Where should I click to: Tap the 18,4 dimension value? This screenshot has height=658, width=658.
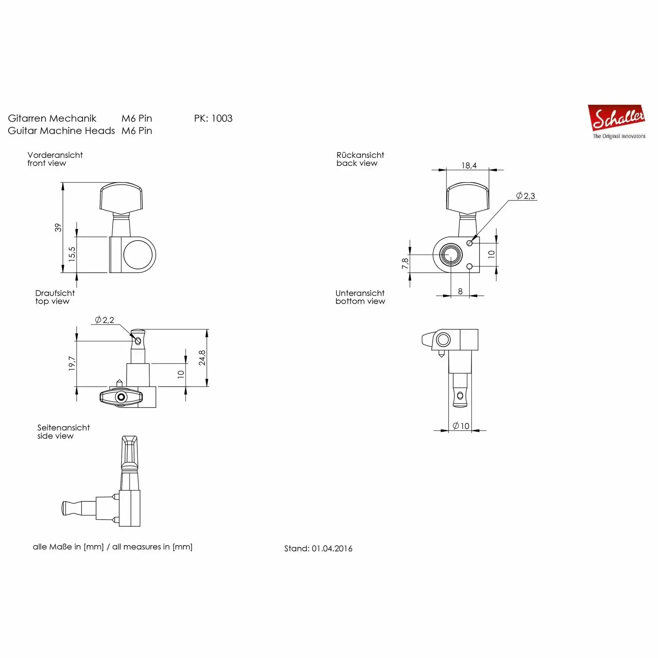[469, 166]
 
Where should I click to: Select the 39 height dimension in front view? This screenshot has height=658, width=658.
[58, 227]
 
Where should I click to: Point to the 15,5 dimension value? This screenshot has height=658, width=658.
[72, 254]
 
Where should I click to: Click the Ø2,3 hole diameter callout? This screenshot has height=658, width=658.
[526, 196]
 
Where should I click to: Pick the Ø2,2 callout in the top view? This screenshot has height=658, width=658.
[104, 320]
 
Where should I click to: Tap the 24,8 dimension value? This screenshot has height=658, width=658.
[202, 358]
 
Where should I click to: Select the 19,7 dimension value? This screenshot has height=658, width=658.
[72, 364]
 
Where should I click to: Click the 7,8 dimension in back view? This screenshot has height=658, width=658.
[405, 264]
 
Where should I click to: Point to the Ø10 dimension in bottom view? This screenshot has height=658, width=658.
[461, 426]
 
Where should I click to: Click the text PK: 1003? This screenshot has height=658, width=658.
[213, 118]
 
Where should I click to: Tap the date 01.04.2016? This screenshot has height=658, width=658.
[332, 549]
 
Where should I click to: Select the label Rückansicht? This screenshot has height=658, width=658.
[360, 155]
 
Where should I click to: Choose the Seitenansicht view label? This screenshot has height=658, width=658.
[63, 428]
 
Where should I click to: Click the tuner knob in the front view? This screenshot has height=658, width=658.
[121, 198]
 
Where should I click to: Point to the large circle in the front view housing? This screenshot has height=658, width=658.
[138, 255]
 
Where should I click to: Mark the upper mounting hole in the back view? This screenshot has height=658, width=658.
[470, 243]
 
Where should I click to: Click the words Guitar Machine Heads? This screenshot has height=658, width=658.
[61, 131]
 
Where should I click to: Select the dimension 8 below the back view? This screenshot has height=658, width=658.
[460, 291]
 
